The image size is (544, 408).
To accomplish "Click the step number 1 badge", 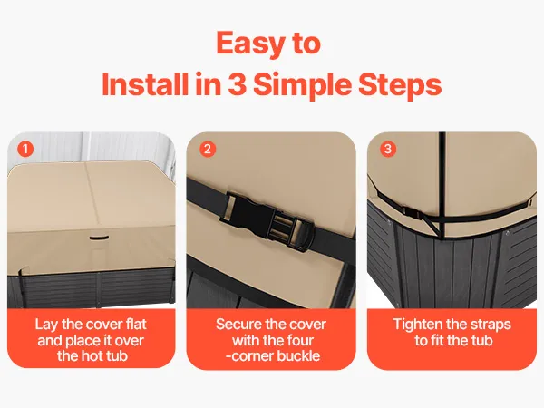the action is point(25,150).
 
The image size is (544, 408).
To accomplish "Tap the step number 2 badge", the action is point(208,150).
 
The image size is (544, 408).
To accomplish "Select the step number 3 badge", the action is point(388,150).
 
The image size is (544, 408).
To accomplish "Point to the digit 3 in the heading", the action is point(237,84).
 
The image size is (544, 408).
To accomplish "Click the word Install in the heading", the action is point(146,84).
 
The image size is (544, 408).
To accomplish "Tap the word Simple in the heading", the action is point(302,86).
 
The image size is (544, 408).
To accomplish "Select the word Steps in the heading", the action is point(400,86).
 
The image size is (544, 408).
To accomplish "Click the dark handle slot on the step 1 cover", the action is point(99,238).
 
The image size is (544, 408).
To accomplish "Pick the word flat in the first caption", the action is point(135,324).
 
